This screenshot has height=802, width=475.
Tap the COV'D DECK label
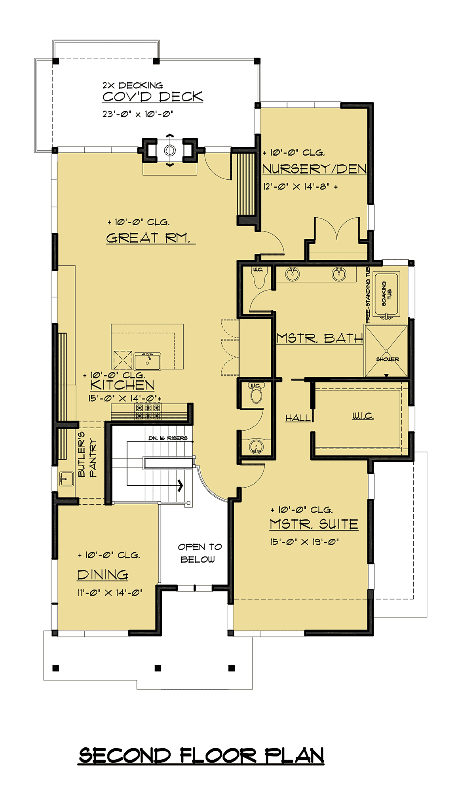tap(153, 97)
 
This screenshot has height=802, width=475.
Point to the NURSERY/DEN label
tap(315, 169)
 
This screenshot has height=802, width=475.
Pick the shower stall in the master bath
tap(386, 351)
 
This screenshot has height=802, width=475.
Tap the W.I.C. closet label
tap(363, 416)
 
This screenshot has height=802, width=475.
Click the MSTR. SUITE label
tap(314, 524)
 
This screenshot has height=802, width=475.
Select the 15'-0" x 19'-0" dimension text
tap(304, 542)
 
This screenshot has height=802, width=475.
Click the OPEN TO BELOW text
tap(199, 553)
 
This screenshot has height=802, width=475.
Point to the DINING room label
tap(103, 575)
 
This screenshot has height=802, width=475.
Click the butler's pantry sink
tap(66, 479)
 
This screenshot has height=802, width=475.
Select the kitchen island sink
tap(147, 361)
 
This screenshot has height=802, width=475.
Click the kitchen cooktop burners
tap(148, 411)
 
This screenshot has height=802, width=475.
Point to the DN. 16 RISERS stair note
tap(168, 438)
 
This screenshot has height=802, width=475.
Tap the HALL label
tap(298, 418)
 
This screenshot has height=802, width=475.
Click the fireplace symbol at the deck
tap(170, 150)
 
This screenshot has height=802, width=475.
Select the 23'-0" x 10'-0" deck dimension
tap(138, 114)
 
